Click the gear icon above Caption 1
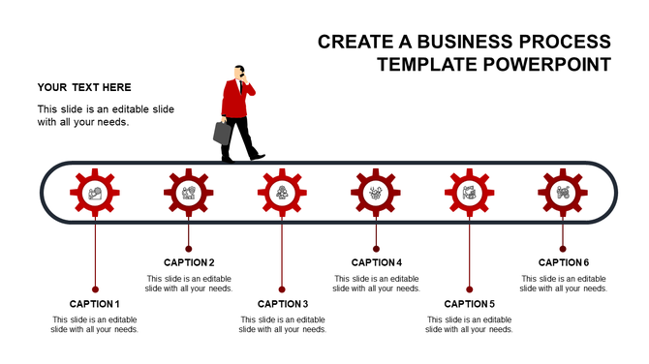95,193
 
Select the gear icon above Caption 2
188,193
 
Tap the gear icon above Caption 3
282,193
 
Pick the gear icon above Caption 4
376,193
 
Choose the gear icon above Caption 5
469,193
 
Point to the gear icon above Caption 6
563,193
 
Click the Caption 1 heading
95,304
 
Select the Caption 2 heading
189,262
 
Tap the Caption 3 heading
282,304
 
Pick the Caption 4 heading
376,262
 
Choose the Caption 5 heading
469,304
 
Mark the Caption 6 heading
563,262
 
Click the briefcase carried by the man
223,133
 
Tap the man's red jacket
233,98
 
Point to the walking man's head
238,72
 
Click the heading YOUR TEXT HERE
84,87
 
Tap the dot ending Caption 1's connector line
95,288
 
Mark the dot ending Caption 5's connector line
469,288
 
